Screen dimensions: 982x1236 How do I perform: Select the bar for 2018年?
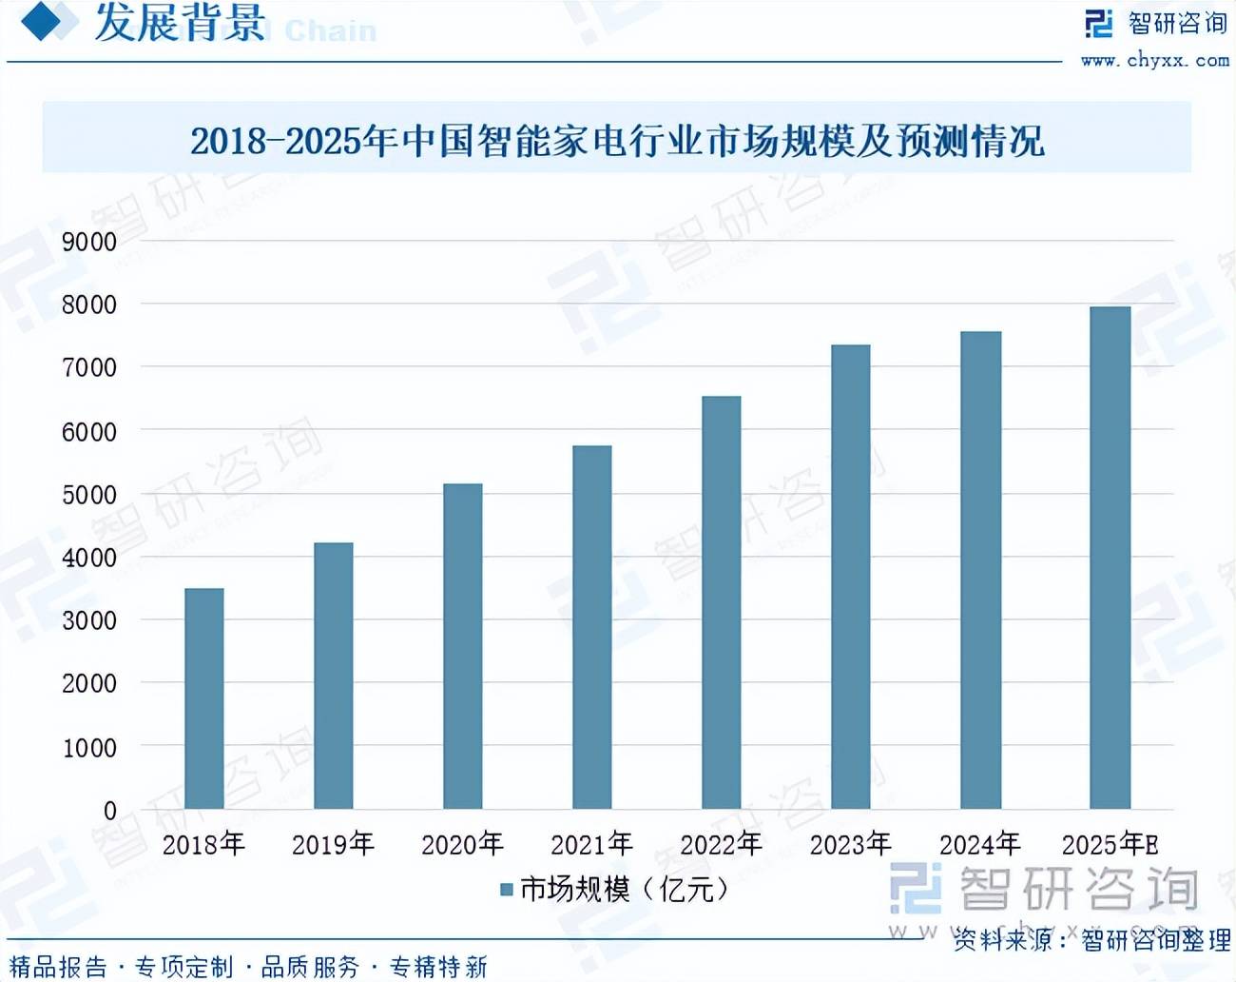[204, 698]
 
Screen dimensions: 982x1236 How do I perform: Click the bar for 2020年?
[463, 646]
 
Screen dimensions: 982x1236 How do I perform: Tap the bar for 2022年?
[722, 602]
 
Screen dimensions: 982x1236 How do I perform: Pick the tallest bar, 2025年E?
[1110, 558]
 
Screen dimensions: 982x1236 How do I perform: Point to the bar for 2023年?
[851, 577]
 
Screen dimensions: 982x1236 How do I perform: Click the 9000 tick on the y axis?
[89, 242]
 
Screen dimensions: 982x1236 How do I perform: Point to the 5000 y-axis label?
[89, 495]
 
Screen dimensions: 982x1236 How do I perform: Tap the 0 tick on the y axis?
[109, 811]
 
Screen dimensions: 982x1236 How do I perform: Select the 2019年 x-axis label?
[333, 844]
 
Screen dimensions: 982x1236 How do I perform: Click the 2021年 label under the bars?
[591, 844]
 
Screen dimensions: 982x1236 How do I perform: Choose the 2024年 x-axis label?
[979, 844]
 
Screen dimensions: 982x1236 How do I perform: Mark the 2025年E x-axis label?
[1110, 844]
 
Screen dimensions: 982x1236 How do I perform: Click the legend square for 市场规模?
[507, 890]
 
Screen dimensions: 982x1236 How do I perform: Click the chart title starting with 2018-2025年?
[617, 141]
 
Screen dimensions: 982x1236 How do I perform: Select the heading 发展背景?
[180, 24]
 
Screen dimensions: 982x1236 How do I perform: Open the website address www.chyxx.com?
[1154, 60]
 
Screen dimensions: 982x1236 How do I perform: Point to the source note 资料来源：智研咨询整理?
[1091, 940]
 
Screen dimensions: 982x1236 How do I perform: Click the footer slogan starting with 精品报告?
[248, 967]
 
